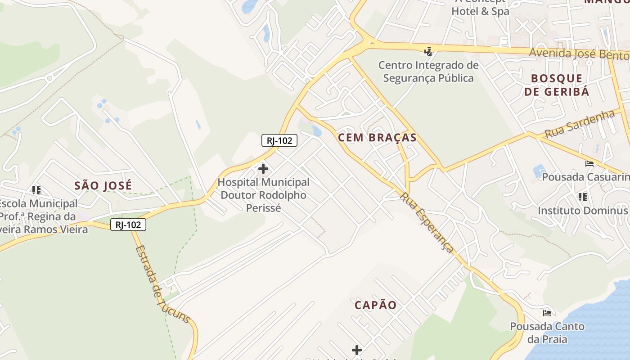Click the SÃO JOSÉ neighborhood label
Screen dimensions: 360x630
click(x=103, y=185)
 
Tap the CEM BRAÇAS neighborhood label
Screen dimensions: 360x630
click(x=377, y=138)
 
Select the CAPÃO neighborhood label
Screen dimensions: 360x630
click(x=375, y=305)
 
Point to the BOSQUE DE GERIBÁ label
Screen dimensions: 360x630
click(x=556, y=85)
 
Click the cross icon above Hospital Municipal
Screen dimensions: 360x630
click(x=263, y=169)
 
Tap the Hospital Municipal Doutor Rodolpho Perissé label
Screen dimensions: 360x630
click(x=263, y=195)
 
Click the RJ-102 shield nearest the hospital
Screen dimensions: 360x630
click(x=279, y=140)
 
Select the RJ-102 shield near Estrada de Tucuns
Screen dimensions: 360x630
click(x=128, y=225)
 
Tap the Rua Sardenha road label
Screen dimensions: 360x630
click(x=579, y=124)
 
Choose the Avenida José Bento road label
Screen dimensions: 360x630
click(x=578, y=54)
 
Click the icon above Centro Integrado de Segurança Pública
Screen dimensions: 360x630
click(x=428, y=51)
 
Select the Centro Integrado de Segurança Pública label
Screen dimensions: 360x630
click(x=428, y=72)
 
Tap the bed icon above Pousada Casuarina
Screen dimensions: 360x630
click(x=589, y=163)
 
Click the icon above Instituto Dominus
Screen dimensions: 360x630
click(x=583, y=197)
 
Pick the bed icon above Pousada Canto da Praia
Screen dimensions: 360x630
click(x=547, y=313)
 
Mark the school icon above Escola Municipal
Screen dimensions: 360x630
click(x=36, y=190)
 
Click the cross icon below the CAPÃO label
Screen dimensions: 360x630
click(x=356, y=350)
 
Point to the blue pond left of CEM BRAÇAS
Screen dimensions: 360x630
click(x=317, y=131)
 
